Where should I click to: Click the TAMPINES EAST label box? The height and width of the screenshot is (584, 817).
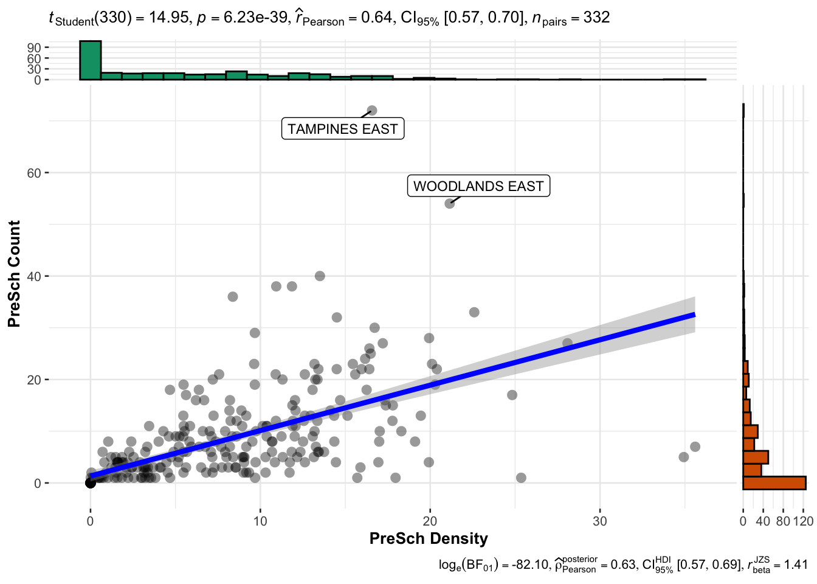click(343, 129)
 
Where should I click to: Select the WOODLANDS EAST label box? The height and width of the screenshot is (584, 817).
click(478, 186)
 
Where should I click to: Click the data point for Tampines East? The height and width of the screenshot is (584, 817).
click(372, 111)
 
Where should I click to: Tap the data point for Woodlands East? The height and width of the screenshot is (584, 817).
click(450, 203)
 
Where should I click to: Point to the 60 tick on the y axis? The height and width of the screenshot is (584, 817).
click(34, 173)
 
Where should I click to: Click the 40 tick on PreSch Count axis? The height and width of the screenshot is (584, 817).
click(34, 277)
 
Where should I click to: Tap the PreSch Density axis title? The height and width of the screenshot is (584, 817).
click(429, 539)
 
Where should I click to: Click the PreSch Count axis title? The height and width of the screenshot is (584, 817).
click(15, 274)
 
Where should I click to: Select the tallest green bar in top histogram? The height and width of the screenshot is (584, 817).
click(90, 60)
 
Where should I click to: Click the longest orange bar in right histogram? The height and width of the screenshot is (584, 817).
click(774, 483)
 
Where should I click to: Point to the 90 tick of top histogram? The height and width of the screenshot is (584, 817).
click(34, 47)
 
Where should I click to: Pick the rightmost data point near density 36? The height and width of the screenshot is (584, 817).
click(695, 447)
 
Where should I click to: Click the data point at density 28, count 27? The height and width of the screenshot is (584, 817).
click(567, 344)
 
